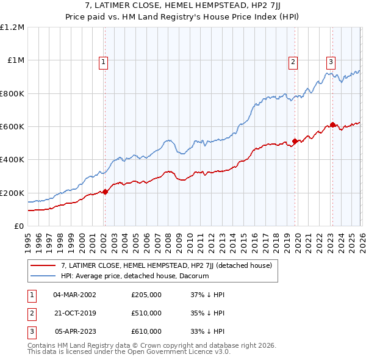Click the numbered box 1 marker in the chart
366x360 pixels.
pos(104,61)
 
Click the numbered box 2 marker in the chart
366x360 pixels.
pos(293,61)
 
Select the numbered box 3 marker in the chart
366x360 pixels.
pos(331,61)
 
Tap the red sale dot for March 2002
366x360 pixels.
pos(105,192)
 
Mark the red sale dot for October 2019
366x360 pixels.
pos(295,142)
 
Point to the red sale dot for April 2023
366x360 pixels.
pos(332,125)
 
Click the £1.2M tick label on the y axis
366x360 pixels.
pos(12,27)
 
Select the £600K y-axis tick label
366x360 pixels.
pos(12,127)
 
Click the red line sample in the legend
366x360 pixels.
pos(43,265)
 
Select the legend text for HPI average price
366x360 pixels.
pos(135,276)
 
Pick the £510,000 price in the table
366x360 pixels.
pos(146,313)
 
